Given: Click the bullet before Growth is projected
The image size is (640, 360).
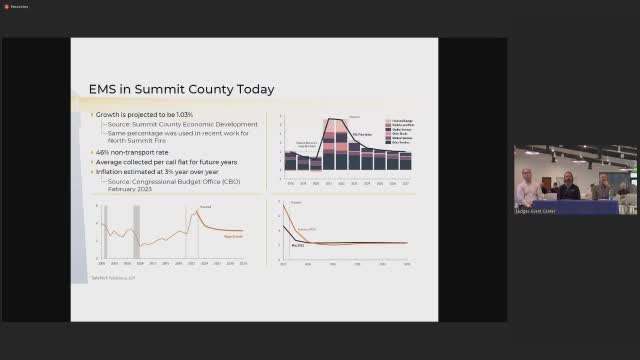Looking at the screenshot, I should click(92, 116).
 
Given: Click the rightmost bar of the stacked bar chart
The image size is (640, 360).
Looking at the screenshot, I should click(405, 160).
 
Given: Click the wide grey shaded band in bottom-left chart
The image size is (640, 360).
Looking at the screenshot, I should click(135, 230).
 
